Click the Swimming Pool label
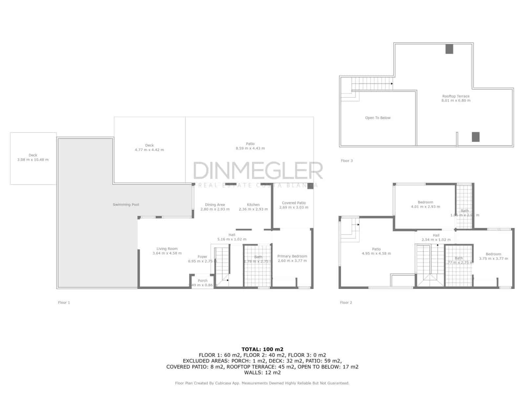[126, 205]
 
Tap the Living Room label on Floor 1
[167, 249]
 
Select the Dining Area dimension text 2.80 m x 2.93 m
[215, 209]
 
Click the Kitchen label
[253, 205]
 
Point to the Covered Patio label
[294, 203]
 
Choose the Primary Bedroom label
[292, 256]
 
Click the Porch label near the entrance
[202, 281]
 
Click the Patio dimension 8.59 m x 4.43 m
[250, 148]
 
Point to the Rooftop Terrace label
[456, 96]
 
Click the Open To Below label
[378, 118]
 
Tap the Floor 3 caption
[346, 161]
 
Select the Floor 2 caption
[346, 303]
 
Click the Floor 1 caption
[64, 303]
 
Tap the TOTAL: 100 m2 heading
[262, 349]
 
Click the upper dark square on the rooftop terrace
[449, 49]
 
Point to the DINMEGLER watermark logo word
[258, 170]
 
